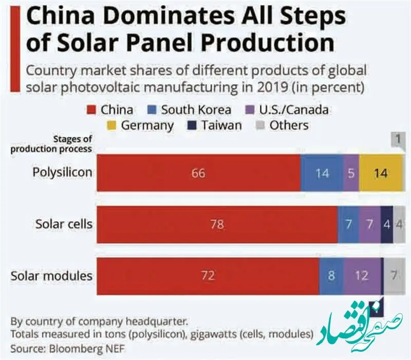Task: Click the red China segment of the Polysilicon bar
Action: tap(198, 173)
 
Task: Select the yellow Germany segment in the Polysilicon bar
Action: tap(381, 173)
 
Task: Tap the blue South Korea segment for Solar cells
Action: tap(348, 224)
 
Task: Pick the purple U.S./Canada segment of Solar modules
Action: tap(362, 276)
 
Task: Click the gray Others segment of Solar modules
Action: tap(394, 276)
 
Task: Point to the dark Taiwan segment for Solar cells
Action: tap(387, 224)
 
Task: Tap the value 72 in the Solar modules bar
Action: tap(208, 276)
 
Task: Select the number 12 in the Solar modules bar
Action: tap(362, 276)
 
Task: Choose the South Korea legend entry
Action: tap(190, 109)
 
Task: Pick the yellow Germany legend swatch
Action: tap(111, 125)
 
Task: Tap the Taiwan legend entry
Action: tap(216, 125)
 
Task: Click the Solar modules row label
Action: tap(52, 276)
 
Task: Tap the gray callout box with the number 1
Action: tap(397, 139)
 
